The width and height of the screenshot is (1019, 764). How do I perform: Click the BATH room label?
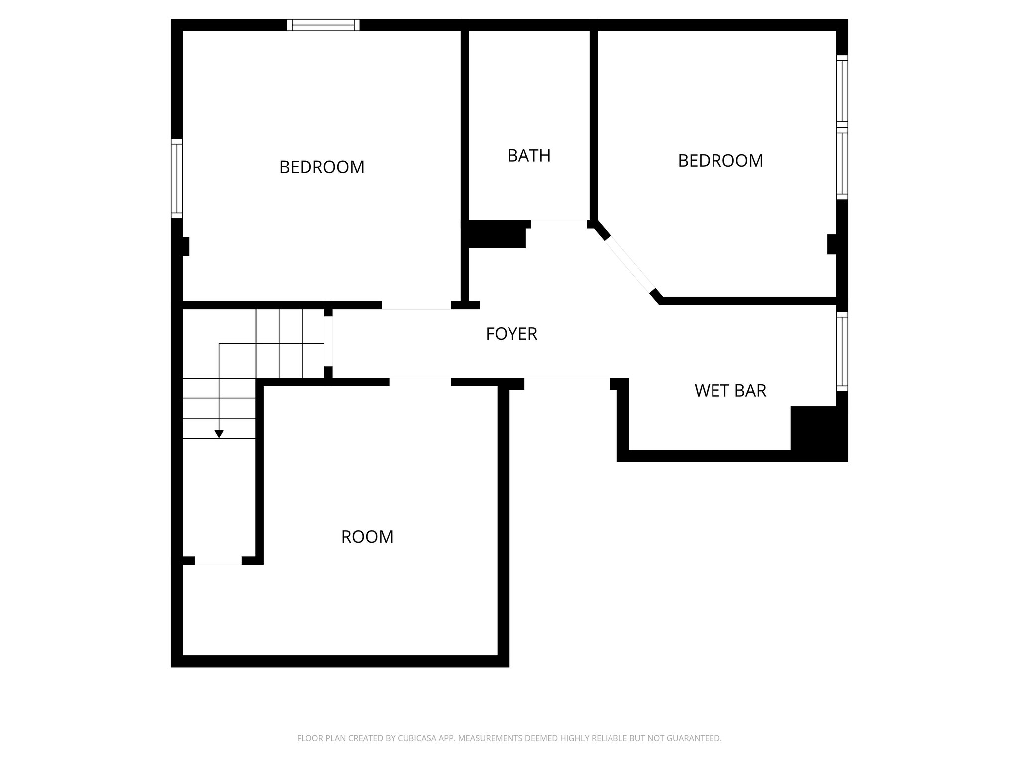529,156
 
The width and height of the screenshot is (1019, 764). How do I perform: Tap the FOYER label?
511,334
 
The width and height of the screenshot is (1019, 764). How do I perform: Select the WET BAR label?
730,391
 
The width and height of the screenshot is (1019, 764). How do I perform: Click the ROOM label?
367,537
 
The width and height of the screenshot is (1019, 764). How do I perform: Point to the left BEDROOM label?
321,167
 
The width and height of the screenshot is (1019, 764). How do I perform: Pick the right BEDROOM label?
720,161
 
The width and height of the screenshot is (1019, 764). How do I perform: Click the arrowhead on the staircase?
219,434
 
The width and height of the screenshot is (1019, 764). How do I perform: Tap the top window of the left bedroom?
323,25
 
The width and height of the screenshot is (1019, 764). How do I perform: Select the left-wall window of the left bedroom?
177,179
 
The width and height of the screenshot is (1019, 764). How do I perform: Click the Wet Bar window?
842,352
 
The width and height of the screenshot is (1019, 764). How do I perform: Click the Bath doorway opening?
559,220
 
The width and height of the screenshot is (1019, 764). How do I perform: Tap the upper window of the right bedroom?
842,90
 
